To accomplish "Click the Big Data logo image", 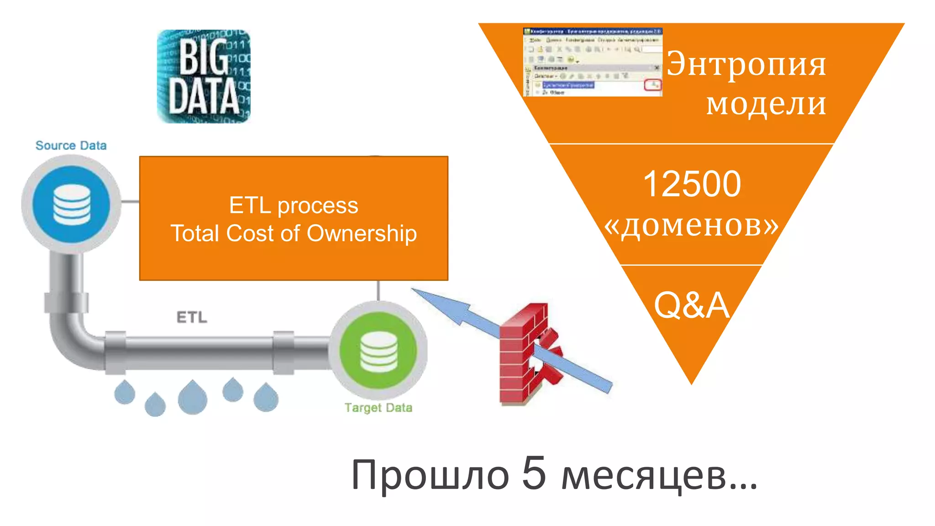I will [x=204, y=76].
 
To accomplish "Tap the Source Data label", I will [x=71, y=146].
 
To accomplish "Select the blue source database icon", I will [x=72, y=204].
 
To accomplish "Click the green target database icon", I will [x=378, y=350].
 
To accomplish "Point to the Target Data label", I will [x=378, y=407].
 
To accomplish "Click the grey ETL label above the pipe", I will [x=192, y=317].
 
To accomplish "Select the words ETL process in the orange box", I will [x=294, y=205].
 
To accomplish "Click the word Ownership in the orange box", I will [x=362, y=234].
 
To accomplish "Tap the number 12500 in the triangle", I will [x=692, y=184].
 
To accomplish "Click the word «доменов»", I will [x=691, y=225].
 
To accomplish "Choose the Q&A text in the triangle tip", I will [x=691, y=305].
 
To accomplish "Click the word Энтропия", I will [x=746, y=64].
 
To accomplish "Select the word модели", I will [x=766, y=104].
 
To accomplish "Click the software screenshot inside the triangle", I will [x=593, y=62].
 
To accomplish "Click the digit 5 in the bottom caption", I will [x=534, y=473].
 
